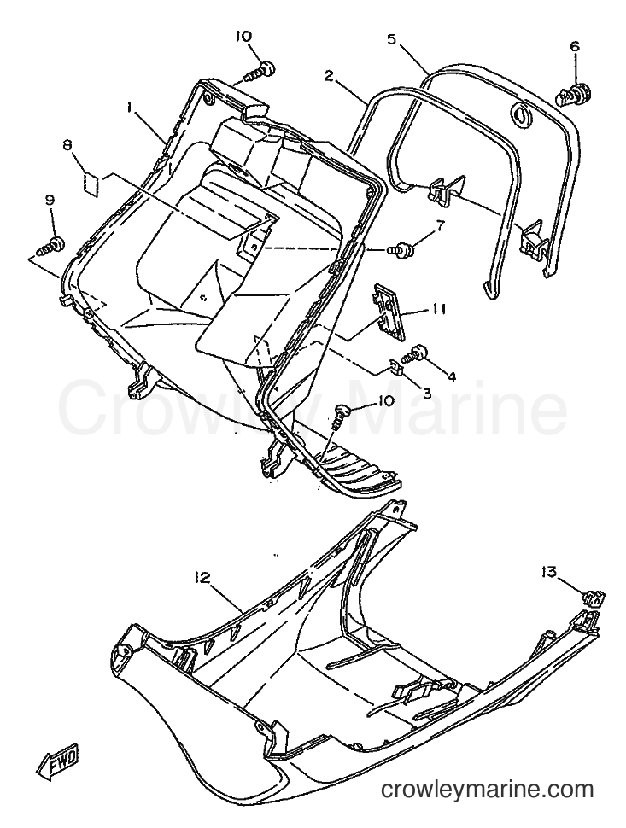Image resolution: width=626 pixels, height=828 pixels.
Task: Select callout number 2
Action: click(329, 77)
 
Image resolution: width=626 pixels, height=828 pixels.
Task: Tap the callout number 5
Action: click(391, 39)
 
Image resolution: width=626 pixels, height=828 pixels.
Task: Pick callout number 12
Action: click(203, 579)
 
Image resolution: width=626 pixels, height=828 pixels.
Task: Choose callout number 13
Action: click(549, 571)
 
